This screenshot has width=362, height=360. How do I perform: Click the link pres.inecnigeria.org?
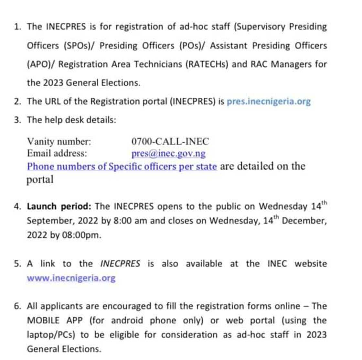tap(268, 102)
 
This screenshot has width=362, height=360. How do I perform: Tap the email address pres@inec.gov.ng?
tap(168, 153)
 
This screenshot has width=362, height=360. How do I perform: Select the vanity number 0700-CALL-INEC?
tap(170, 141)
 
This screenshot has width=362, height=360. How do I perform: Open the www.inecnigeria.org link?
tap(71, 278)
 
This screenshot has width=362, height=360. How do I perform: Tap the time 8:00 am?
tap(129, 221)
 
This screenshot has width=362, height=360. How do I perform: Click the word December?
tap(304, 221)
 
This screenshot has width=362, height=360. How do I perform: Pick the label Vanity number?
tap(59, 142)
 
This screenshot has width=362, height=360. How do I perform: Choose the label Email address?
tap(57, 153)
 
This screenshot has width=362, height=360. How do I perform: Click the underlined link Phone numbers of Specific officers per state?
tap(122, 167)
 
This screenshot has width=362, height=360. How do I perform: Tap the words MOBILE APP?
tap(55, 321)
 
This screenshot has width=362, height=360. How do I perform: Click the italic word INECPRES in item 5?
tap(120, 264)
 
